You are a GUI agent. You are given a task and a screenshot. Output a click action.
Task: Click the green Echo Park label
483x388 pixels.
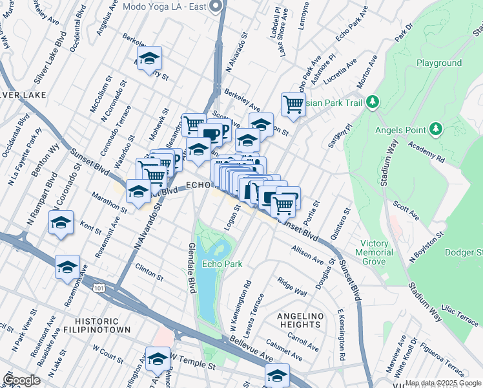[222, 264]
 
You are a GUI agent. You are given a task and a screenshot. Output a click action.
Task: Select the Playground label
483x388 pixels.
[438, 63]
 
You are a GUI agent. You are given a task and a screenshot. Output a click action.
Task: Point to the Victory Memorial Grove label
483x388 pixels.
[374, 252]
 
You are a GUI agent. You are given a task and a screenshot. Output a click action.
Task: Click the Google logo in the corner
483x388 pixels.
[21, 380]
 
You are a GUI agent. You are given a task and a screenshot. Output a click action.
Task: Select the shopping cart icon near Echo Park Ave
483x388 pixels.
[293, 104]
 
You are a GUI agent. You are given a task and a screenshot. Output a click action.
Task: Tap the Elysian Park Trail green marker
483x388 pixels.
[372, 102]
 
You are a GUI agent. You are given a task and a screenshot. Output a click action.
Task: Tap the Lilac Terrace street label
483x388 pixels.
[458, 316]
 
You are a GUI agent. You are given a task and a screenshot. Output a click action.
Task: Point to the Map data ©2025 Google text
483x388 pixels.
[442, 383]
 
